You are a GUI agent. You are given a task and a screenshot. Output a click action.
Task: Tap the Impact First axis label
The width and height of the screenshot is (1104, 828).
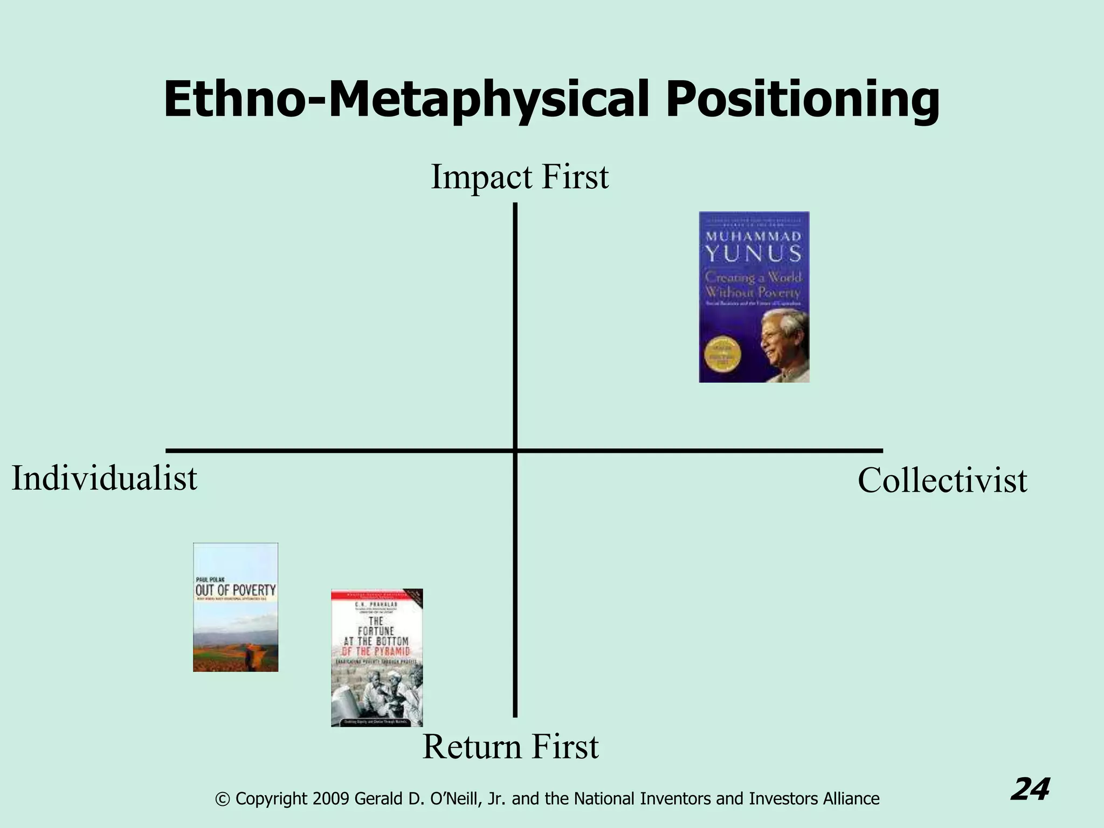520,177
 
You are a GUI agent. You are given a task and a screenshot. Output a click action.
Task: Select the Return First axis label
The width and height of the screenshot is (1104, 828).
510,747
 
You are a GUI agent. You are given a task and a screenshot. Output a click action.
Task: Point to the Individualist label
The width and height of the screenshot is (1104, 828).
105,479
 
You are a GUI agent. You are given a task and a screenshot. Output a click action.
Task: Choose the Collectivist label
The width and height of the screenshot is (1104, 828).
942,481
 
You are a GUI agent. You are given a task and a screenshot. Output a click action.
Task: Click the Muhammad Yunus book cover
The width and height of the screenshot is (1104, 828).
754,297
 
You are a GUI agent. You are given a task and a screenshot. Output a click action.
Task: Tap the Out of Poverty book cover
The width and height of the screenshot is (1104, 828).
236,607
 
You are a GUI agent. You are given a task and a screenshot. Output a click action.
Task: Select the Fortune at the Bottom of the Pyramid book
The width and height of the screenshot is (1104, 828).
377,658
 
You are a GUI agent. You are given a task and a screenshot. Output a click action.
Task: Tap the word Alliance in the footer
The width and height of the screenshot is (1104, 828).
851,799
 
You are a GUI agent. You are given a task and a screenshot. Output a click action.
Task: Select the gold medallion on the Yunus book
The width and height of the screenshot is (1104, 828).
722,355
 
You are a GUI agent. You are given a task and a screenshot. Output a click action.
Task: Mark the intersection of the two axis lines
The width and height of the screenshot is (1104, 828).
515,450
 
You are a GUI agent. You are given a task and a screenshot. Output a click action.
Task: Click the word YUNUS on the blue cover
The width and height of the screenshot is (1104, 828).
754,253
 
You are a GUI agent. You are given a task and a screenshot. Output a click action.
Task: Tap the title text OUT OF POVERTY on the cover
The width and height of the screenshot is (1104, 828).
236,590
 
